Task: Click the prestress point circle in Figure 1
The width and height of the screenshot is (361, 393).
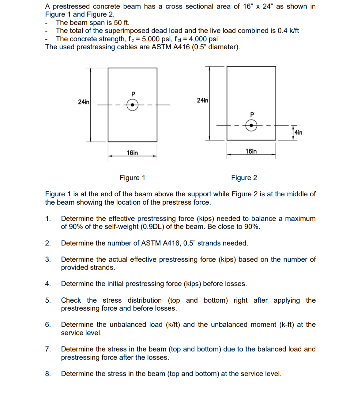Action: pos(132,105)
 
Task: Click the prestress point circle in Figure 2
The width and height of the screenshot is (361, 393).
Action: pos(251,125)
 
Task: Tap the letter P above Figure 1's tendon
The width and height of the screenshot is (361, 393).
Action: pos(133,93)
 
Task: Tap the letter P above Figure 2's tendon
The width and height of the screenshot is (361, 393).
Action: pos(252,114)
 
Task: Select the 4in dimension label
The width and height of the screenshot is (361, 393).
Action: pos(299,132)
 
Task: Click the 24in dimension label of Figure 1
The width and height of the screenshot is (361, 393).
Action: pos(84,102)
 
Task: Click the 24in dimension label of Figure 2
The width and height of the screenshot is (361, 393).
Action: pos(202,100)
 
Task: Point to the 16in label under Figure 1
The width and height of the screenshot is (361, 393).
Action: pos(132,153)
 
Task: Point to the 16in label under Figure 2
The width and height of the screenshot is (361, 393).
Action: pos(251,151)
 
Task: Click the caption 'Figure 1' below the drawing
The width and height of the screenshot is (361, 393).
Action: pos(132,178)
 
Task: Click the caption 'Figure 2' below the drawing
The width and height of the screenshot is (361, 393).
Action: pos(244,178)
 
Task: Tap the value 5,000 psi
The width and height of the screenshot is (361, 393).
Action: pos(156,39)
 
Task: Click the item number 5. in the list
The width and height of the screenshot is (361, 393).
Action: pos(48,300)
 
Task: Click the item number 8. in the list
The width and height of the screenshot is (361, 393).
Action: pos(48,374)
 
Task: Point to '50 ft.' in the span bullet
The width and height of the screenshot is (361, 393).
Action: pos(122,23)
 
